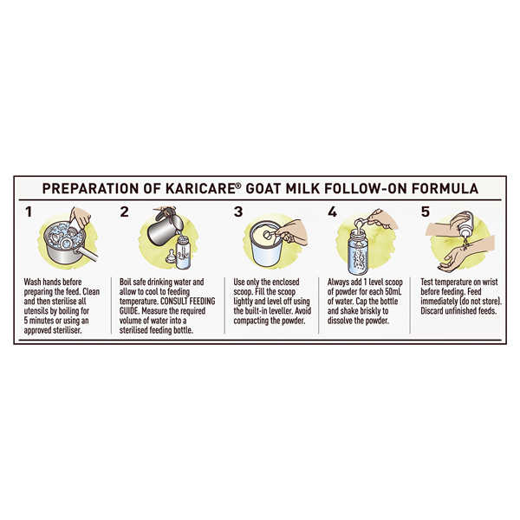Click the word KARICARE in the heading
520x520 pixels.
click(200, 188)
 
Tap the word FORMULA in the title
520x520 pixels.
click(445, 188)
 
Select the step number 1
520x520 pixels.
click(29, 212)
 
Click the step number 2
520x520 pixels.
click(124, 212)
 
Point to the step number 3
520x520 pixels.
click(238, 212)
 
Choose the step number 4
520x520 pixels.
click(332, 212)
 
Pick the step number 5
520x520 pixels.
click(426, 212)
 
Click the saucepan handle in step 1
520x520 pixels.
click(87, 254)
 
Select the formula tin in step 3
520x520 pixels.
click(264, 244)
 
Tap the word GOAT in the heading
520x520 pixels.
click(263, 188)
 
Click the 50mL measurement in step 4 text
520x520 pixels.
click(393, 292)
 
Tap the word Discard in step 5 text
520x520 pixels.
click(432, 311)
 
